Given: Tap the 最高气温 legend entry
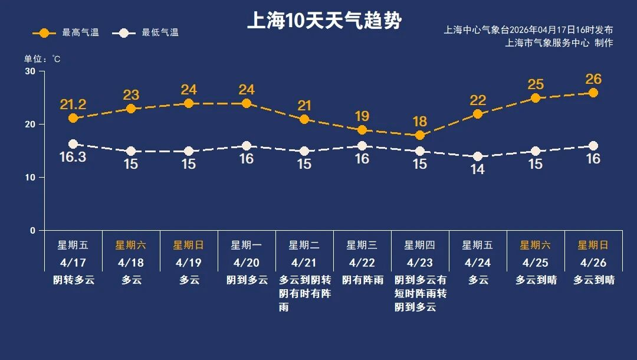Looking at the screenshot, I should (65, 33).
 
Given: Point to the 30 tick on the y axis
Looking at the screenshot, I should (30, 71).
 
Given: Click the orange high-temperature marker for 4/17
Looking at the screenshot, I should (73, 118).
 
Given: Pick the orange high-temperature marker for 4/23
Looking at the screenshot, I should (420, 135).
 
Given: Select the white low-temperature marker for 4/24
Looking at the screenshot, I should (478, 156).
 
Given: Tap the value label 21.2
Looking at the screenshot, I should (73, 105).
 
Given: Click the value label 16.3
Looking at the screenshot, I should (73, 157).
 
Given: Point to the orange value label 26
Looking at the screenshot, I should (593, 79).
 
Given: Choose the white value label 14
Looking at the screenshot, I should (478, 169).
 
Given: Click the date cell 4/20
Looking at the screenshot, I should (247, 262).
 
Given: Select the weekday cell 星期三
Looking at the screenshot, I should (362, 245).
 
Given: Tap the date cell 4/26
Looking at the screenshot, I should (593, 262).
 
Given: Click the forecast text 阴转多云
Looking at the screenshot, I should (73, 280).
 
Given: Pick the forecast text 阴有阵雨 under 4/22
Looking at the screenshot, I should (362, 280).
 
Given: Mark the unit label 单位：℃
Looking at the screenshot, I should (42, 59).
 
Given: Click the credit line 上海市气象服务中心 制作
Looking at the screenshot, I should (559, 42).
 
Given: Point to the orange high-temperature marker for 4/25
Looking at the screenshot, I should (536, 98).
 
